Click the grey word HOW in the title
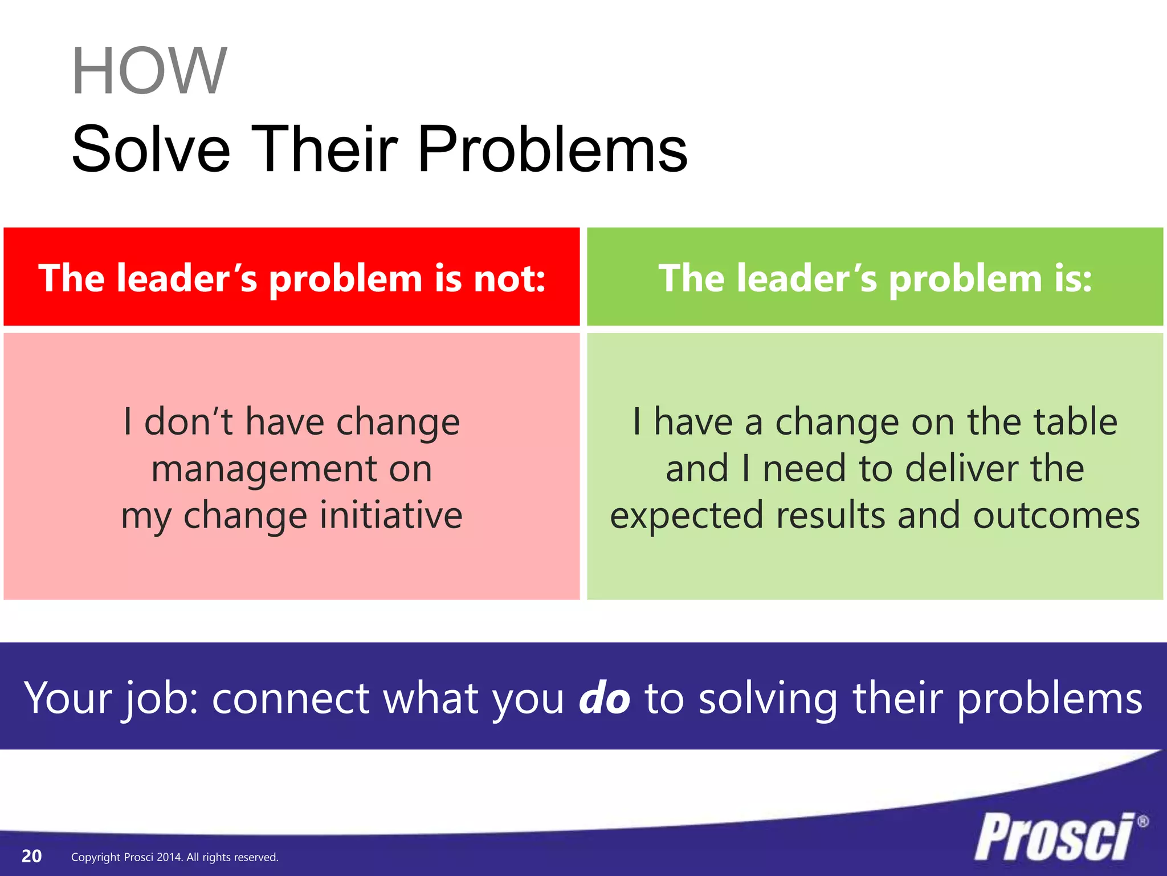coord(149,71)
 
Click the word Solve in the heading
coord(150,149)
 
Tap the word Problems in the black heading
coord(552,149)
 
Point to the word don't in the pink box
coord(189,423)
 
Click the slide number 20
coord(31,856)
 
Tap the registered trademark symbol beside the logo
coord(1142,822)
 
